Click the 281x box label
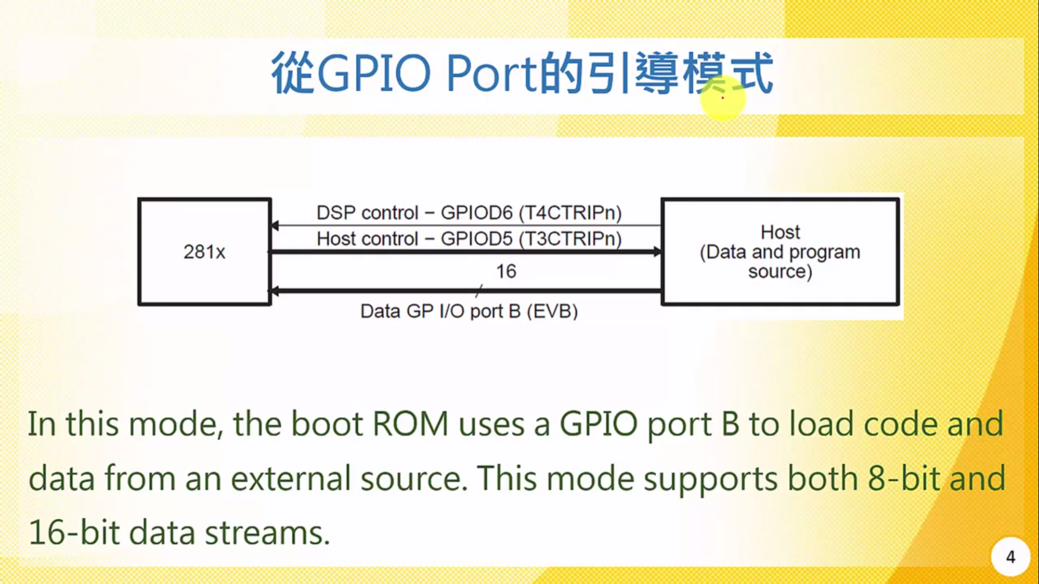pyautogui.click(x=204, y=252)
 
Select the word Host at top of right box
pyautogui.click(x=780, y=232)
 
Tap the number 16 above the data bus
pyautogui.click(x=506, y=271)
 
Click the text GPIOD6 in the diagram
pyautogui.click(x=476, y=213)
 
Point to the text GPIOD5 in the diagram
pyautogui.click(x=476, y=239)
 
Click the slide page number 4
pyautogui.click(x=1010, y=557)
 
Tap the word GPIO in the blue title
pyautogui.click(x=373, y=73)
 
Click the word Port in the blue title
pyautogui.click(x=491, y=73)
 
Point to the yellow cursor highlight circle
pyautogui.click(x=722, y=98)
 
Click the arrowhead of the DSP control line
pyautogui.click(x=275, y=225)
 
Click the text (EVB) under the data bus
pyautogui.click(x=552, y=311)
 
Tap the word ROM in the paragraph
pyautogui.click(x=410, y=424)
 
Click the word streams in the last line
pyautogui.click(x=267, y=533)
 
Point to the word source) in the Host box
pyautogui.click(x=780, y=271)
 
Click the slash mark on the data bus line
pyautogui.click(x=479, y=291)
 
